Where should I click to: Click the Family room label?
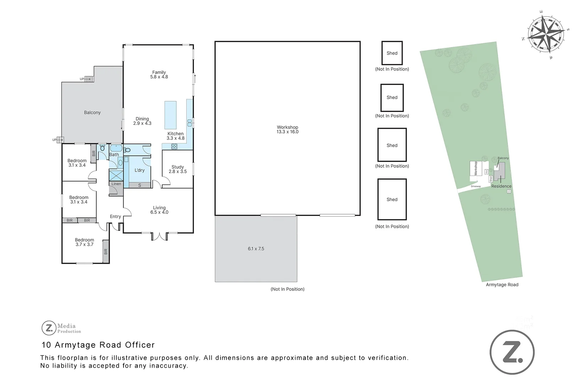pos(159,74)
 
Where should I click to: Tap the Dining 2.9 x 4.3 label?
pos(142,121)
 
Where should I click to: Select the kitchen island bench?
pos(170,115)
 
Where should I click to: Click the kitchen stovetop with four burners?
pos(174,146)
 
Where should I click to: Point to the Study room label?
pos(177,169)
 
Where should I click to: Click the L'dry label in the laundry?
pos(139,170)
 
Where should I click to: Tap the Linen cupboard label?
pos(116,184)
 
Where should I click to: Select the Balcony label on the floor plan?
pos(92,112)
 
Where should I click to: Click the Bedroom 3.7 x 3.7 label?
pos(84,242)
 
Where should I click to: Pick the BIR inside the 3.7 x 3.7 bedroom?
pos(105,251)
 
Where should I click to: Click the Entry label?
pos(115,216)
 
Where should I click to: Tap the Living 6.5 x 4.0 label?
pos(159,210)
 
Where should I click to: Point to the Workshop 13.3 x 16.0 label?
pos(287,129)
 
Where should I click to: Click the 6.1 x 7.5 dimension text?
pos(256,249)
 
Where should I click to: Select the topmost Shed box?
pos(392,53)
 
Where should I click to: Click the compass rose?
pos(546,34)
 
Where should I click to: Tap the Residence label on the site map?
pos(501,186)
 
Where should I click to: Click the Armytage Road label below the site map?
pos(502,284)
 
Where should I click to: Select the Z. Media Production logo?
pos(61,328)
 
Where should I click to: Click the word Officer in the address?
pos(140,345)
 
